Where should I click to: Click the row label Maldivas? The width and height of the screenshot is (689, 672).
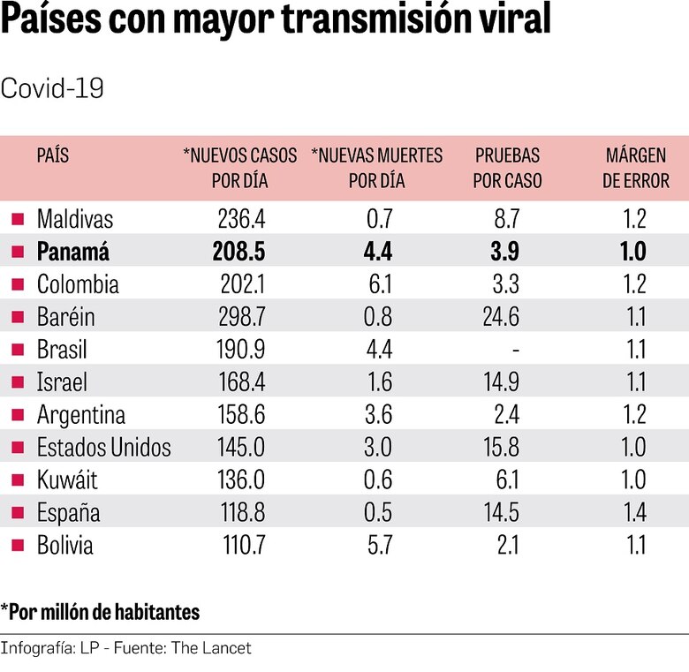click(x=75, y=219)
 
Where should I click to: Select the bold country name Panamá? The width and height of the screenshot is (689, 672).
click(x=73, y=252)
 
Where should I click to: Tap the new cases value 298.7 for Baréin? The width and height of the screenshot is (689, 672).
click(x=238, y=317)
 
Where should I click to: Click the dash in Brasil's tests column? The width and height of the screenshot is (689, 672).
click(x=515, y=350)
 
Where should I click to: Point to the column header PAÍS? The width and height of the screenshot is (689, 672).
click(x=52, y=156)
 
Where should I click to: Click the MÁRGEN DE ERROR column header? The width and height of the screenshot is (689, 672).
click(x=636, y=168)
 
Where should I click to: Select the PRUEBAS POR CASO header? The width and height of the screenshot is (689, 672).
click(x=507, y=168)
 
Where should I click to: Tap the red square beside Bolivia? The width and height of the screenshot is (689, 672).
click(x=17, y=546)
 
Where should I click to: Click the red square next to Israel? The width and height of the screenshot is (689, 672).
click(x=17, y=382)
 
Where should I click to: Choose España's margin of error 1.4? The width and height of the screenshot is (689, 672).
click(x=634, y=513)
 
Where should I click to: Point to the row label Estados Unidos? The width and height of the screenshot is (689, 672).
click(x=104, y=448)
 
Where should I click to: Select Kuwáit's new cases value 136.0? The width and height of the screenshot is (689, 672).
click(x=239, y=480)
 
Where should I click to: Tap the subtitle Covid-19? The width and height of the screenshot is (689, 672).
click(x=53, y=88)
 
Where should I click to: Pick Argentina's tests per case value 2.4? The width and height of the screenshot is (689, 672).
click(x=508, y=415)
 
